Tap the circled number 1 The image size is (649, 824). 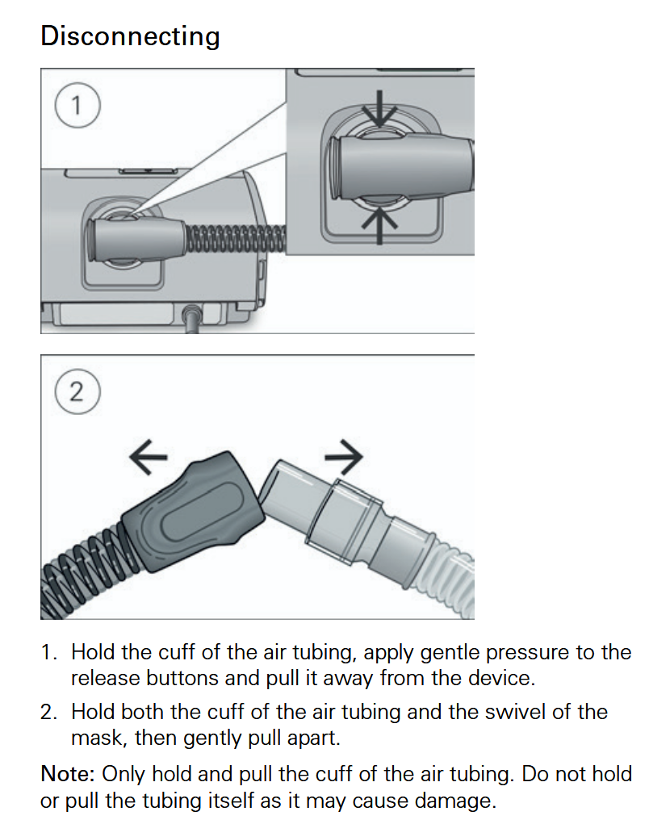tap(77, 106)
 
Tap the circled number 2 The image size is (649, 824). tap(77, 392)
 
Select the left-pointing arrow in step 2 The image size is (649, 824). tap(149, 456)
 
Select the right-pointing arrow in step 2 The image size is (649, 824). tap(344, 456)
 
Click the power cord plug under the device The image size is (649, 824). tap(193, 319)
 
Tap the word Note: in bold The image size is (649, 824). tap(68, 774)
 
